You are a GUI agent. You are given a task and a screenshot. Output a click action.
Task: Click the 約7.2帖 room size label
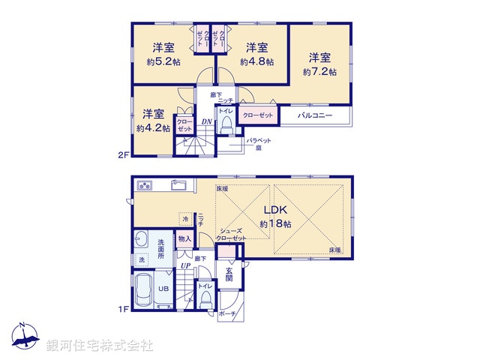pos(319,72)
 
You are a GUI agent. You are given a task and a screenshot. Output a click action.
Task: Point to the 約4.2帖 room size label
pos(153,128)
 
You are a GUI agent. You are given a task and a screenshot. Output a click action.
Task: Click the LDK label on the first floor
pos(274,211)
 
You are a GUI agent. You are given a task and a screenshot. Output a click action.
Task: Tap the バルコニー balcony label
pos(314,115)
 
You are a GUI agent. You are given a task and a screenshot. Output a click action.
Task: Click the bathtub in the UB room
pos(145,289)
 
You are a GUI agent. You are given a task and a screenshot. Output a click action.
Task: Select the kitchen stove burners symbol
pos(144,185)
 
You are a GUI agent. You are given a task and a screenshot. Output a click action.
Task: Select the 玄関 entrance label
pos(229,277)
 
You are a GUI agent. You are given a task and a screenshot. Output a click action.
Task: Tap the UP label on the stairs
pos(184,265)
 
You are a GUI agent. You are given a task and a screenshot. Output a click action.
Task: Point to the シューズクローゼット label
pos(231,235)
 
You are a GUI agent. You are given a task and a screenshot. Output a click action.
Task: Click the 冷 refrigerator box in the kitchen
pos(184,219)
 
